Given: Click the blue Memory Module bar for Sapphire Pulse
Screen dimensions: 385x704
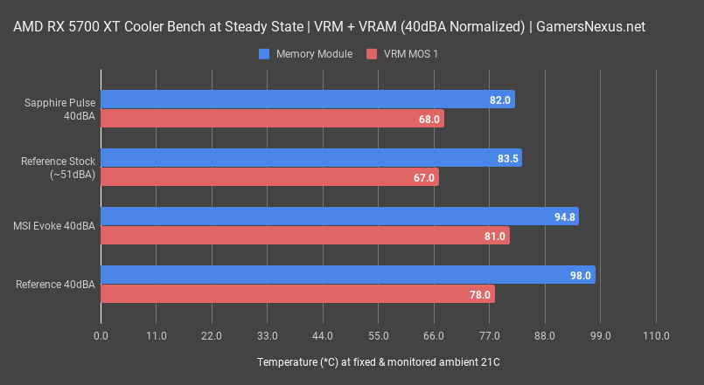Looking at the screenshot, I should [x=306, y=100].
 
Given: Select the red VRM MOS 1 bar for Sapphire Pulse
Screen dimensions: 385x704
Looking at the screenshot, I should [x=271, y=119].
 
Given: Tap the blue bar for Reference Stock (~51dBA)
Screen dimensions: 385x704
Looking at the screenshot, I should [x=310, y=158].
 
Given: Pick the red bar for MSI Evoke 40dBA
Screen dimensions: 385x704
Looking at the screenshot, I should [x=304, y=236].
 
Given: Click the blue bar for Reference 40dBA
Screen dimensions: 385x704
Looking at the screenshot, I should [x=347, y=275].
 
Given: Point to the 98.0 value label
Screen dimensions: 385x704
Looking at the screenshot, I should [x=582, y=275].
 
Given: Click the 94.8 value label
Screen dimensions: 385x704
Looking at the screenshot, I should [x=565, y=217].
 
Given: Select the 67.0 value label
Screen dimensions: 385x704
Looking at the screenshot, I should [x=424, y=177].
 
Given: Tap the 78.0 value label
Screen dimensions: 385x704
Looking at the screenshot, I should [x=480, y=294].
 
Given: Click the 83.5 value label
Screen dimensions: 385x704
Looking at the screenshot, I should [x=508, y=158].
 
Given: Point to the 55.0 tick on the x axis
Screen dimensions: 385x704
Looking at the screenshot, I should [x=378, y=336].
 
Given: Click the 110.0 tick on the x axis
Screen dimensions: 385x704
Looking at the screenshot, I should [x=655, y=336].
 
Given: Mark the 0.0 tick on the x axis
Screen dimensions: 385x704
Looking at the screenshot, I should [x=101, y=336].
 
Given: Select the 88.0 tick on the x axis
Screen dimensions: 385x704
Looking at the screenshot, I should [x=544, y=336].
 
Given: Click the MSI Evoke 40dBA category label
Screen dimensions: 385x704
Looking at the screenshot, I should [x=53, y=226].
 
